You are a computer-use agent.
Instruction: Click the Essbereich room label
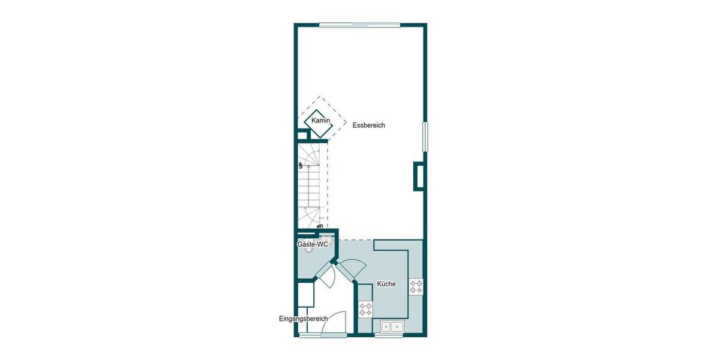(x=368, y=125)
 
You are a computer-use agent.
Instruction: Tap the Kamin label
(x=321, y=121)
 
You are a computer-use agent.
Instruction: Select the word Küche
(x=386, y=284)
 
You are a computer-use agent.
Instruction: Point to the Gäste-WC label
(x=312, y=245)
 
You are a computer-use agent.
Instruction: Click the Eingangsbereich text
(x=302, y=318)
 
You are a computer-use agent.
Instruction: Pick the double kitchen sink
(x=391, y=326)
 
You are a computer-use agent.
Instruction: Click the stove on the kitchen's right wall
(x=416, y=286)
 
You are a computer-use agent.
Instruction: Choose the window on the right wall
(x=425, y=137)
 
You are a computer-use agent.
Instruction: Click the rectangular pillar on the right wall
(x=418, y=176)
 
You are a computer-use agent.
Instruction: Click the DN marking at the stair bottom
(x=320, y=226)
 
